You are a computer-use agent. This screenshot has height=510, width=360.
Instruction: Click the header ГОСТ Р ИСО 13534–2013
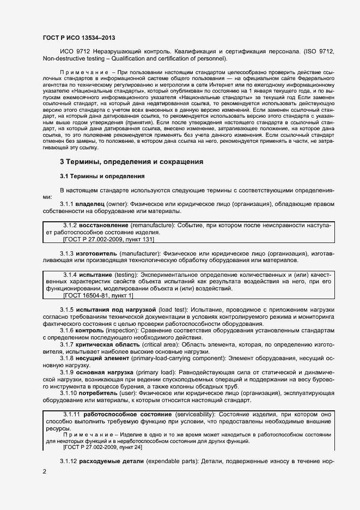point(78,37)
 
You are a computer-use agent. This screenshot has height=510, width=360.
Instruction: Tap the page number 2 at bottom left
point(44,471)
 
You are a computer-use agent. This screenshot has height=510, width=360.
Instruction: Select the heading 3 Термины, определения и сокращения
point(131,162)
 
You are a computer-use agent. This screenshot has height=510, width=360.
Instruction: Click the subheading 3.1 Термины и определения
point(102,177)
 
